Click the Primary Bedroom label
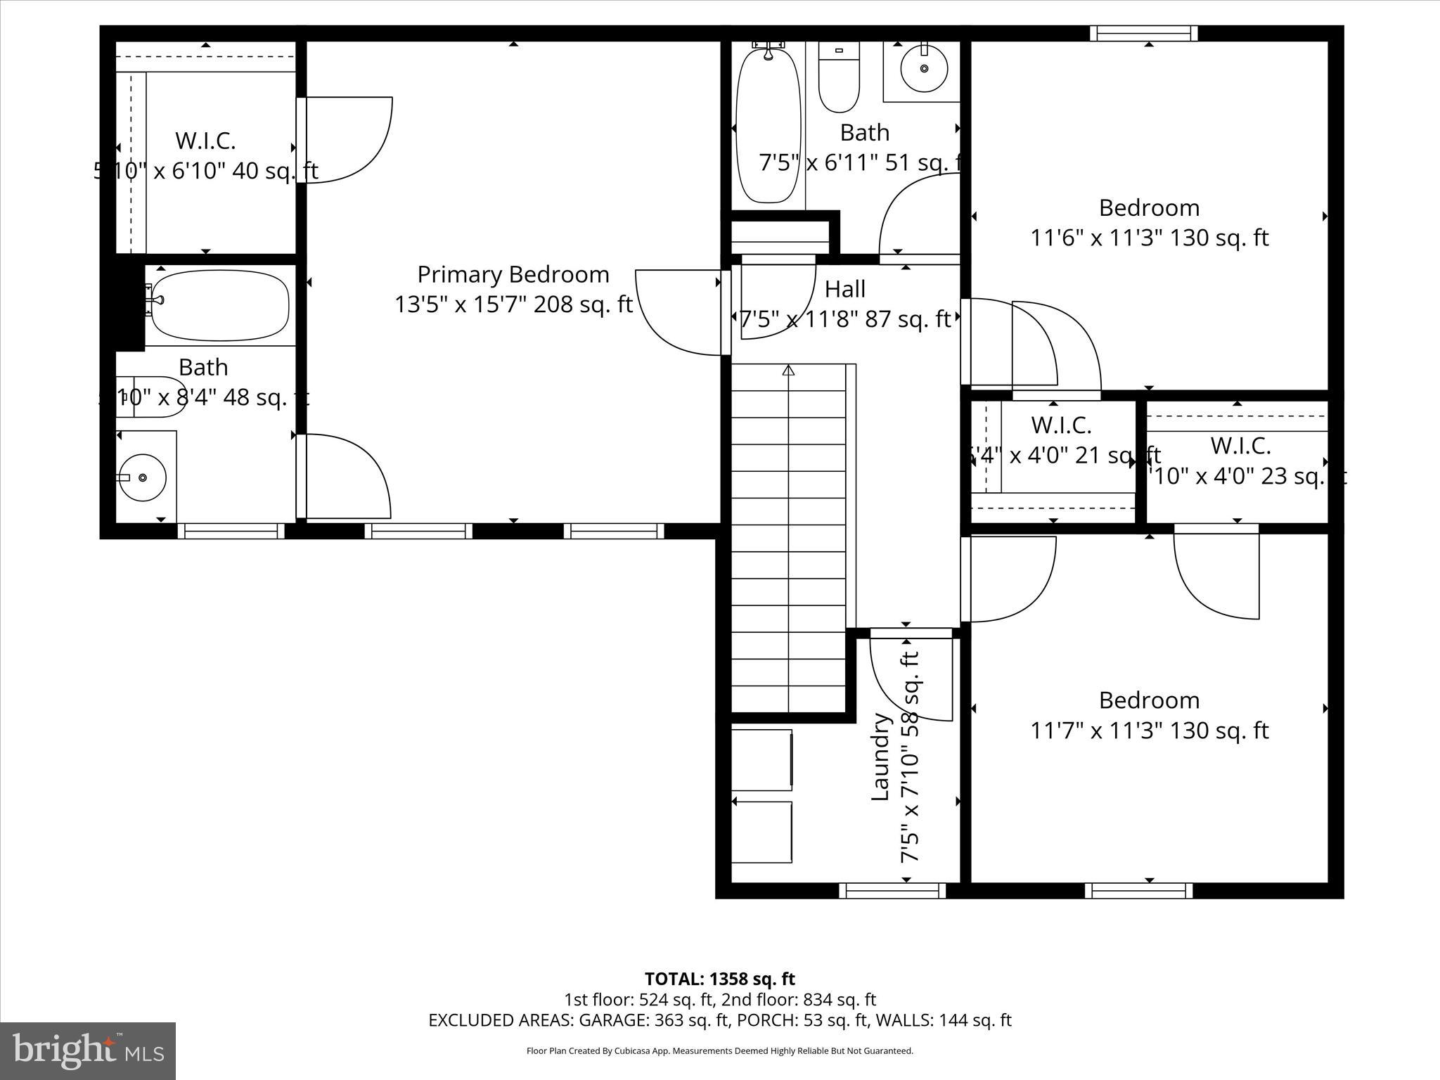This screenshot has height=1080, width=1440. (513, 274)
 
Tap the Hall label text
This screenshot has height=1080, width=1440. (844, 289)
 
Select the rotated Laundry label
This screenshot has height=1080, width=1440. (881, 757)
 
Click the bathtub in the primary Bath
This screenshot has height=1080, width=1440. (220, 306)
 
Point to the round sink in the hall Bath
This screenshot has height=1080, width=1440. (924, 68)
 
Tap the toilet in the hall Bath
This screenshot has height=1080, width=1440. (839, 77)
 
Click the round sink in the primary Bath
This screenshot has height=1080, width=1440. (143, 477)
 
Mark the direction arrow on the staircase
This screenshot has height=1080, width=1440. (788, 371)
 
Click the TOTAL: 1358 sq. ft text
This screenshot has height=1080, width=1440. (719, 979)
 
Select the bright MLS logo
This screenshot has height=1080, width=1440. (88, 1050)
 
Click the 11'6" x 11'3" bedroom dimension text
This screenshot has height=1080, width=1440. (1149, 238)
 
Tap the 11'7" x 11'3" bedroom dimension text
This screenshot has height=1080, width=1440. (1149, 731)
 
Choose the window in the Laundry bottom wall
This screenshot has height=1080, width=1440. (892, 891)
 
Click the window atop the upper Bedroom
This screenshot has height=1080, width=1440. (1143, 33)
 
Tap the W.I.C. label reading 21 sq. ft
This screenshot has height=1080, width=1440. (1061, 425)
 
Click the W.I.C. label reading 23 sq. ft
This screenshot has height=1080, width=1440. (1240, 446)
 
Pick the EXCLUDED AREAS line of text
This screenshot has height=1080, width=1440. (719, 1020)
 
